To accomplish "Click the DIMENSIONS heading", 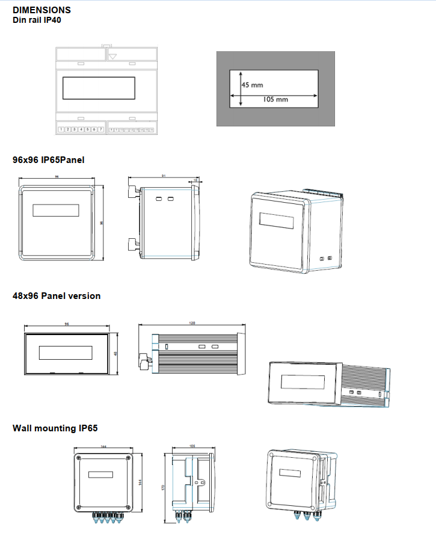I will click(41, 10).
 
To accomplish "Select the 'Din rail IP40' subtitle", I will click(37, 20).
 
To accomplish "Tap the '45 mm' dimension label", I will click(252, 85).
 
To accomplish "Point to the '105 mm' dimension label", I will click(276, 99).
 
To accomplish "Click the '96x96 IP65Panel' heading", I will click(49, 160).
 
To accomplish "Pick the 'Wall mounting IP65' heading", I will click(55, 428).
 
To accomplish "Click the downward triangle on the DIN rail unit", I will click(113, 55).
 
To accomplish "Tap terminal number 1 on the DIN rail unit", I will click(61, 129).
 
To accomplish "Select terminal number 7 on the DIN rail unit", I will click(101, 129).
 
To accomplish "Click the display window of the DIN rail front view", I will click(99, 88).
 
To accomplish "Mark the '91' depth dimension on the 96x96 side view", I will click(163, 176).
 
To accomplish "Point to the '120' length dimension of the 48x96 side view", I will click(192, 324).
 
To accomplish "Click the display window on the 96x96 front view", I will click(56, 210).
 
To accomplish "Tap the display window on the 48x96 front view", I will click(66, 352).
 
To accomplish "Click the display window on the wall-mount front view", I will click(100, 475).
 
